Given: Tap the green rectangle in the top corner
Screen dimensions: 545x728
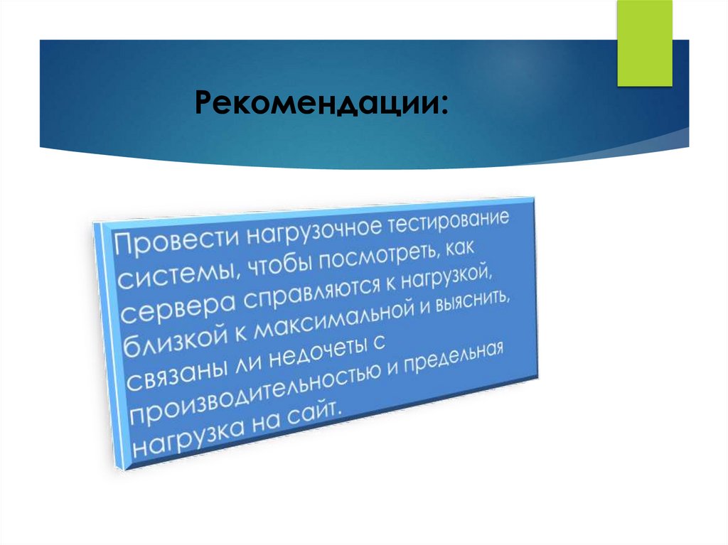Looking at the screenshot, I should click(644, 43).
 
